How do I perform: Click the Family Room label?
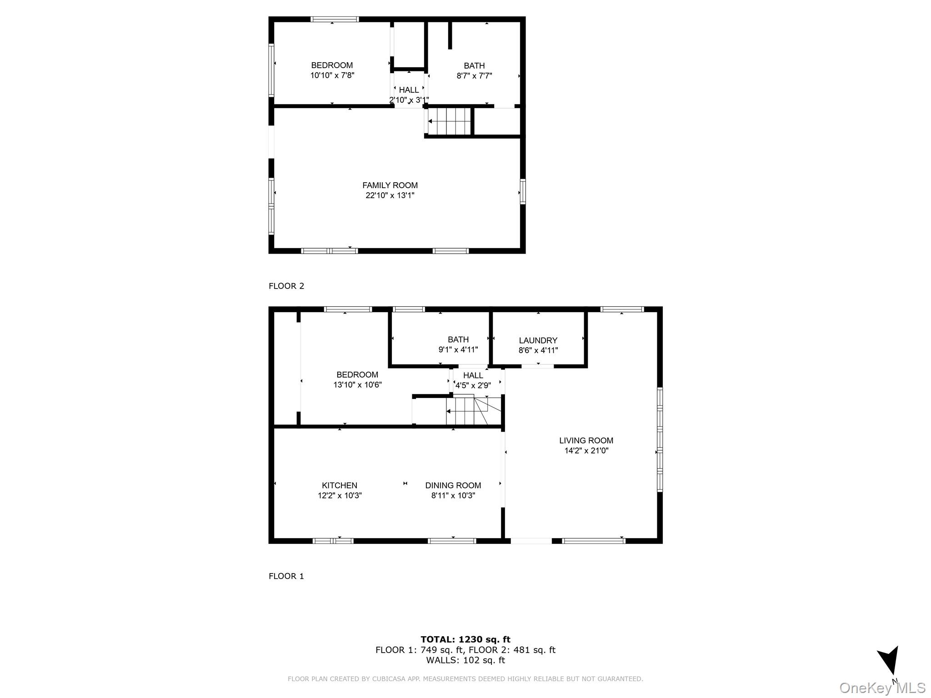click(x=390, y=185)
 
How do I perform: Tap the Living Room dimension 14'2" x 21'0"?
click(x=586, y=451)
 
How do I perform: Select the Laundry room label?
click(x=538, y=340)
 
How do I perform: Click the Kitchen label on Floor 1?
click(x=340, y=485)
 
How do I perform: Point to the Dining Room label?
click(x=453, y=485)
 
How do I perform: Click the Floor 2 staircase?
click(x=449, y=121)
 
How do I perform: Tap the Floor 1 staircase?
click(x=468, y=411)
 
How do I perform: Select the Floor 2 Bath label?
click(x=474, y=66)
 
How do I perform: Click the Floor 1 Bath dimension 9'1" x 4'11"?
click(x=458, y=350)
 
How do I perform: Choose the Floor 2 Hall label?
click(x=409, y=90)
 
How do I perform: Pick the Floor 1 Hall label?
click(x=473, y=375)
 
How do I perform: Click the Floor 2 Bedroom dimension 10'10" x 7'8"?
click(x=332, y=75)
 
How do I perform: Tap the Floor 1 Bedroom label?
click(x=357, y=374)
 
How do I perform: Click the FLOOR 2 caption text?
click(x=286, y=286)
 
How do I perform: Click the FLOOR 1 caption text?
click(x=286, y=576)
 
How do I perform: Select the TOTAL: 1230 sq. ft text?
click(x=465, y=640)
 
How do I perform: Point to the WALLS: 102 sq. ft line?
click(x=465, y=660)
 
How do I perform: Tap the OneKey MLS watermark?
click(x=882, y=688)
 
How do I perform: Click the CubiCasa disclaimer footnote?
click(x=465, y=679)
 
